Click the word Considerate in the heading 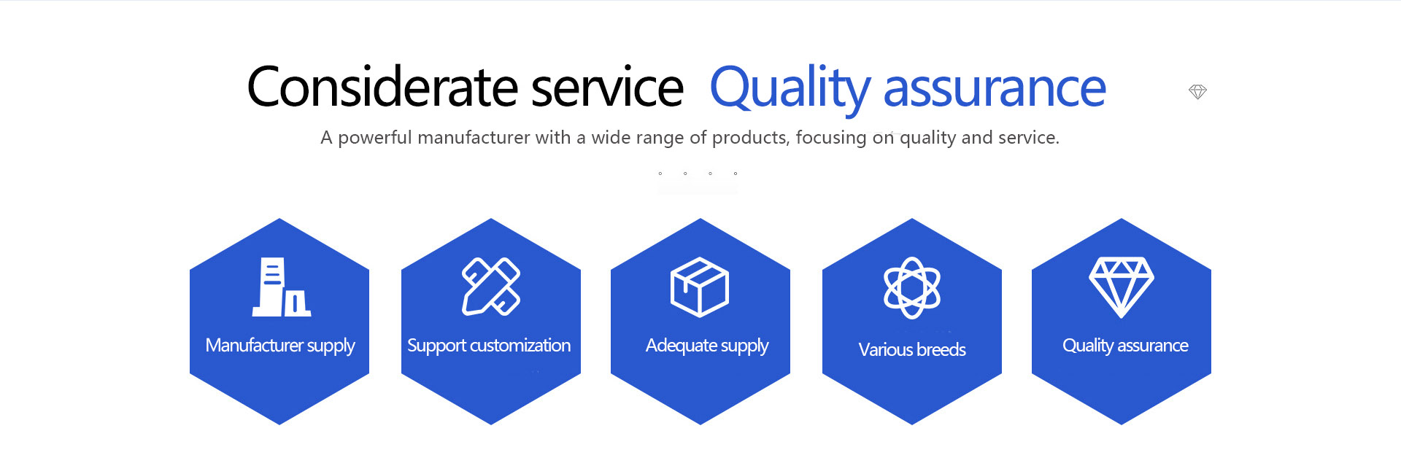click(x=384, y=87)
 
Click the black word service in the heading click(x=608, y=88)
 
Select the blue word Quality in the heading click(x=790, y=90)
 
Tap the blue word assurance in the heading click(x=995, y=89)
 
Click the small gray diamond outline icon click(x=1197, y=92)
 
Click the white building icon click(x=282, y=287)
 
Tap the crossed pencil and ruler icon click(x=491, y=287)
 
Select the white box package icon click(x=700, y=287)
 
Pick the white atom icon click(x=912, y=287)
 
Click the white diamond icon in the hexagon click(x=1122, y=287)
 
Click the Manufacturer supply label click(x=280, y=346)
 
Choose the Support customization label click(x=489, y=346)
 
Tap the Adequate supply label click(x=707, y=346)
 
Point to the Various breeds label click(x=912, y=350)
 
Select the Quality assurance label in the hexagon click(x=1125, y=346)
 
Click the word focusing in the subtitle click(x=831, y=138)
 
